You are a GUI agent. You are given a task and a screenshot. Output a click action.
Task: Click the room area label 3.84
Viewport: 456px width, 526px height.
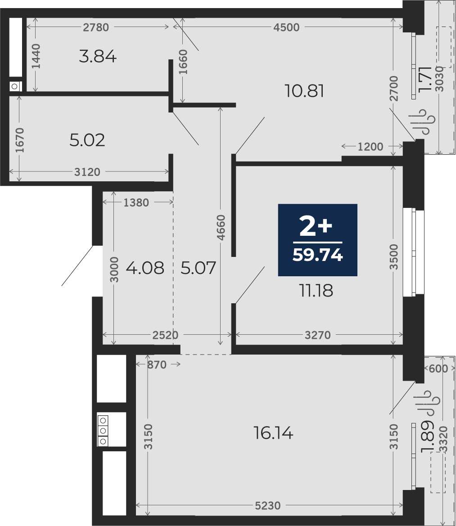tap(98, 56)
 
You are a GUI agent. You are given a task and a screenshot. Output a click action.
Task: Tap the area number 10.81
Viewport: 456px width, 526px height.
tap(304, 91)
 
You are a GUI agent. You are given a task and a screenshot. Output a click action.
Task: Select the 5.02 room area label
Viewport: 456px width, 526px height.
tap(87, 140)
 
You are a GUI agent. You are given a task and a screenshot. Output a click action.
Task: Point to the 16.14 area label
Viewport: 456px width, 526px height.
tap(274, 433)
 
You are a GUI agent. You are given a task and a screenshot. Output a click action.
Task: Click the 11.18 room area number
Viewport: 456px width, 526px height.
tap(316, 291)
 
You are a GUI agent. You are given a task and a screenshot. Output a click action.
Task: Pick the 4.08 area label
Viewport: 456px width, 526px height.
tap(145, 268)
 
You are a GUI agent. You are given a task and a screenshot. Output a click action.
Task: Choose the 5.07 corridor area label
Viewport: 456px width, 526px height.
tap(198, 268)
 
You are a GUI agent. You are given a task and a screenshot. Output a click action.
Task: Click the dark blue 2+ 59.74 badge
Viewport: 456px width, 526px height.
tap(317, 240)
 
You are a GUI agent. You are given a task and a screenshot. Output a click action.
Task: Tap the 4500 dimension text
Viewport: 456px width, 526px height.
tap(286, 27)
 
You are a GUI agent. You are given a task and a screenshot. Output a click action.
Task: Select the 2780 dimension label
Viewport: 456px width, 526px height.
tap(96, 27)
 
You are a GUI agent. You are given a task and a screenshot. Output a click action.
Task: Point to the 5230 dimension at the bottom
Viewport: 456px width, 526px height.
tap(268, 505)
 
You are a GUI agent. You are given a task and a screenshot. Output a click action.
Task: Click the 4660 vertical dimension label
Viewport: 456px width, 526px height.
tap(221, 228)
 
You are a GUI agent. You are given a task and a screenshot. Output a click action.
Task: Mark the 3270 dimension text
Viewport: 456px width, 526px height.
tap(318, 335)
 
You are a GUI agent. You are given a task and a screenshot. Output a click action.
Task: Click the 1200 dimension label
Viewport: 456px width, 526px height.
tap(370, 147)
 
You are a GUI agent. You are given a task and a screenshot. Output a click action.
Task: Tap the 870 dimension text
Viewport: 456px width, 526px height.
tap(157, 364)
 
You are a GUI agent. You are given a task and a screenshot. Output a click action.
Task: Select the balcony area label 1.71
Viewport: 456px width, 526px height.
tap(425, 80)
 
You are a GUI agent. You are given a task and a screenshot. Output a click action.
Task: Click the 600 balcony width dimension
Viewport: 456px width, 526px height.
tap(438, 369)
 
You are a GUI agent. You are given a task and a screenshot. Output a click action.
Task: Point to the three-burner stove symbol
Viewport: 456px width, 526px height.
tap(103, 431)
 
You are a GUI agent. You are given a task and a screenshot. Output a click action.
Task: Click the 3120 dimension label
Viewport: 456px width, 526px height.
tap(87, 172)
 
